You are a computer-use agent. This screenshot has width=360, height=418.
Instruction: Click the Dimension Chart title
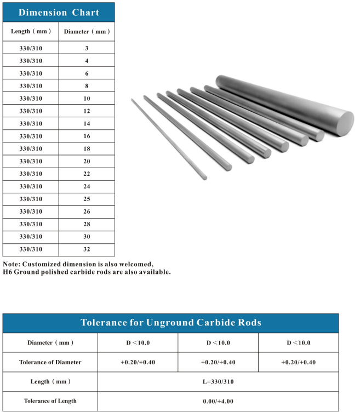59,13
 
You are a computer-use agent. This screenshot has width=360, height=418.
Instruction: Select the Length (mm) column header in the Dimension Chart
31,31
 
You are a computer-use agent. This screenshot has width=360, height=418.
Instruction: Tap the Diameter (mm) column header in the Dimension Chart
87,31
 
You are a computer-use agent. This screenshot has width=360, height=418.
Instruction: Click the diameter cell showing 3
87,48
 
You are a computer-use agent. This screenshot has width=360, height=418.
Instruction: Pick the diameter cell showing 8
87,86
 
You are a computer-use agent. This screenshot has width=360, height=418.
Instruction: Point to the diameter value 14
87,124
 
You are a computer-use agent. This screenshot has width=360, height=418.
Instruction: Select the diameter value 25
87,199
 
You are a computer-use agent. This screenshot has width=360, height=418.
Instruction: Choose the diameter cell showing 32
87,249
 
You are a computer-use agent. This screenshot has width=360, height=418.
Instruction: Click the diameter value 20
87,161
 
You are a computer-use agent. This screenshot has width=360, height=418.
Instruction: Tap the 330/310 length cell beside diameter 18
31,148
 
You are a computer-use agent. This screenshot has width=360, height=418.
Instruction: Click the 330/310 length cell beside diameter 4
31,61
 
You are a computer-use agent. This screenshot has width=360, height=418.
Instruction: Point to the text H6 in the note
7,272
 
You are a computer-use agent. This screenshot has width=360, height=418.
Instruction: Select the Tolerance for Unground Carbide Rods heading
170,323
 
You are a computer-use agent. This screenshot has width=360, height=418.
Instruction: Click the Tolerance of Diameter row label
50,362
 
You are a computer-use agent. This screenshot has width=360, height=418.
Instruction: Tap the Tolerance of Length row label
50,401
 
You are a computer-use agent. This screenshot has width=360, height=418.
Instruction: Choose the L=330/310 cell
218,381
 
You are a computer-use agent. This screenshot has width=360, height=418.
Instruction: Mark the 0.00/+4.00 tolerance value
218,401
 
